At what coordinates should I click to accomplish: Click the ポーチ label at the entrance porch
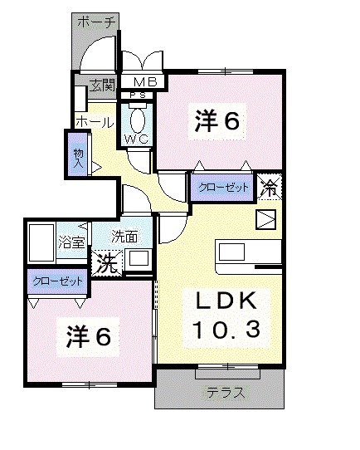[x=98, y=22]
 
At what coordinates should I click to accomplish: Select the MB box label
[x=145, y=82]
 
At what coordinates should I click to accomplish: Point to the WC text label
[x=138, y=139]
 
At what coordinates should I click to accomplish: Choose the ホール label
[x=95, y=122]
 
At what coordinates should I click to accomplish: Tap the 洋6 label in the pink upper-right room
[x=218, y=121]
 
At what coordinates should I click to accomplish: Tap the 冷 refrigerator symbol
[x=270, y=187]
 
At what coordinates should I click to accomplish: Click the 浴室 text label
[x=71, y=243]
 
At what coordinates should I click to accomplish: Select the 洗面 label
[x=125, y=237]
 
